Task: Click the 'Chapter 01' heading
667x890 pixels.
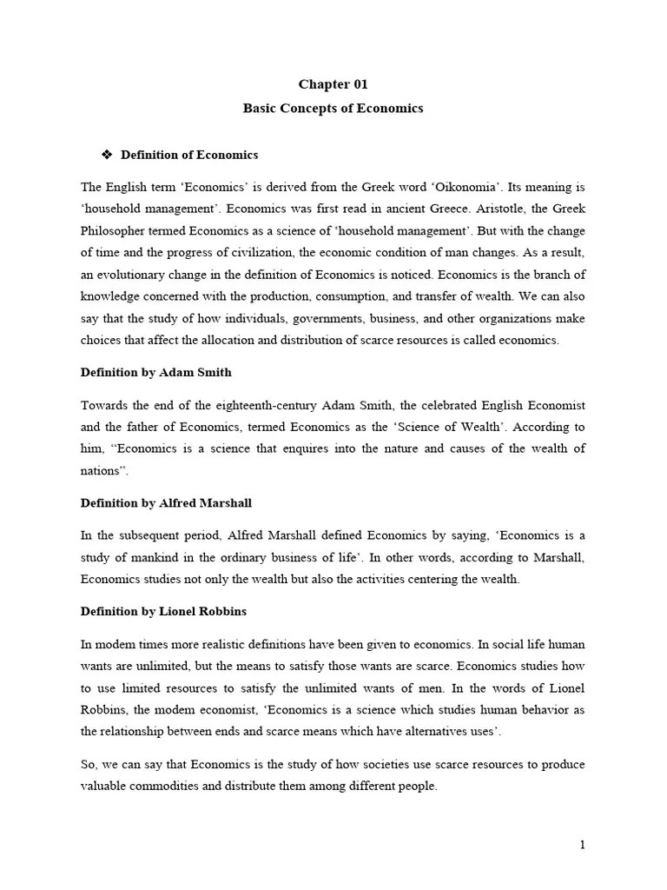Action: tap(333, 84)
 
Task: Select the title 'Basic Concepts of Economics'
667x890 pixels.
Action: tap(333, 109)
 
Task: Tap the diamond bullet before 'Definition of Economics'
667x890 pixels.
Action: tap(108, 155)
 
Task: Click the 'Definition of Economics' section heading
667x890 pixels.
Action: tap(189, 155)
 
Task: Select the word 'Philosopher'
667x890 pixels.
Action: tap(113, 231)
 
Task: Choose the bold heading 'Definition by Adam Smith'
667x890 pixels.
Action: tap(155, 372)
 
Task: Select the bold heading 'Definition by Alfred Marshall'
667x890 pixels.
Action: tap(166, 502)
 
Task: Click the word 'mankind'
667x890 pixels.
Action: tap(156, 557)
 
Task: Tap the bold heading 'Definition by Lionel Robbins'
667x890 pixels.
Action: tap(163, 611)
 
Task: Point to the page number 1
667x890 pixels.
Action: tap(582, 844)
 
